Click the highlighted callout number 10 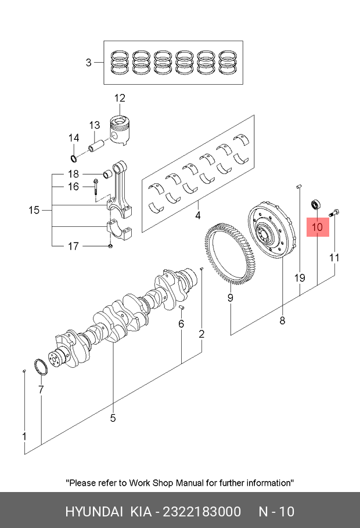pyautogui.click(x=317, y=227)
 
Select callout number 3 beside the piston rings pyautogui.click(x=88, y=62)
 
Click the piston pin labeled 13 pyautogui.click(x=96, y=142)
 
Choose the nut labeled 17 pyautogui.click(x=110, y=248)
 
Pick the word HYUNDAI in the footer pyautogui.click(x=93, y=511)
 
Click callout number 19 pyautogui.click(x=299, y=278)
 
